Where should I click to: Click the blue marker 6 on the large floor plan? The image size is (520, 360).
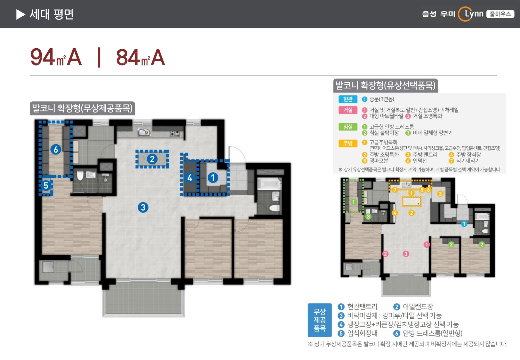tap(56, 149)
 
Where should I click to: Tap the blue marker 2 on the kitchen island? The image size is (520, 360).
tap(152, 159)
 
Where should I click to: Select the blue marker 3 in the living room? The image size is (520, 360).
tap(143, 207)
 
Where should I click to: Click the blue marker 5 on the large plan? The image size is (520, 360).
tap(46, 185)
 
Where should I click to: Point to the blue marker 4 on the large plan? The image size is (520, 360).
tap(190, 178)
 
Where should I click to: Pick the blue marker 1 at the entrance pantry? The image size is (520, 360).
tap(213, 178)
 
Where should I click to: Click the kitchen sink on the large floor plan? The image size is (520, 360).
tap(144, 132)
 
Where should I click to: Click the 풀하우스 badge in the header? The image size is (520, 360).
tap(500, 14)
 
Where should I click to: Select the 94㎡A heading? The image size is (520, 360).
tap(56, 57)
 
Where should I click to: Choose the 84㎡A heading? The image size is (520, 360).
tap(140, 57)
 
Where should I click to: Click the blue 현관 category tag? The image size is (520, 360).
tap(348, 99)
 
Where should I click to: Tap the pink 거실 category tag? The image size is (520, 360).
tap(348, 110)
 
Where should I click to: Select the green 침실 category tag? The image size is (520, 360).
tap(348, 127)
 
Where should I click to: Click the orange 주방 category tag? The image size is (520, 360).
tap(348, 143)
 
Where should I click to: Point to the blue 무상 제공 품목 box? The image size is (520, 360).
tap(320, 320)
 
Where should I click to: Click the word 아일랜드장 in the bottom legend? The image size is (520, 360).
tap(418, 307)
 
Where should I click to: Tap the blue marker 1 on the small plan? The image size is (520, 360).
tap(464, 224)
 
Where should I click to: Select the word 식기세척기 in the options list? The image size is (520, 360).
tap(468, 161)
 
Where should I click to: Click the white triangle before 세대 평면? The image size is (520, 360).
tap(20, 14)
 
